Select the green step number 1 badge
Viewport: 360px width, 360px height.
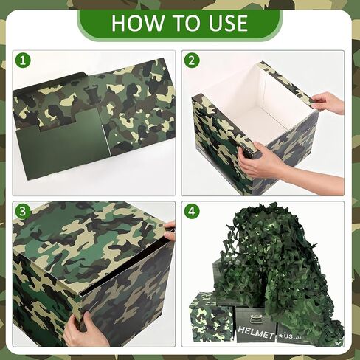[23, 60]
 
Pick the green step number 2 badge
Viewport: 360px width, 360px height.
[192, 60]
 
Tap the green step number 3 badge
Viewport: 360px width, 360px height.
[23, 211]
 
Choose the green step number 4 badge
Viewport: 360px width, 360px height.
[192, 211]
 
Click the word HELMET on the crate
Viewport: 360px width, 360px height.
[256, 332]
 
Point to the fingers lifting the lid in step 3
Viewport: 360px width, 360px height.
[170, 231]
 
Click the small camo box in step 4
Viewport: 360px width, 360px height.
[211, 317]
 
